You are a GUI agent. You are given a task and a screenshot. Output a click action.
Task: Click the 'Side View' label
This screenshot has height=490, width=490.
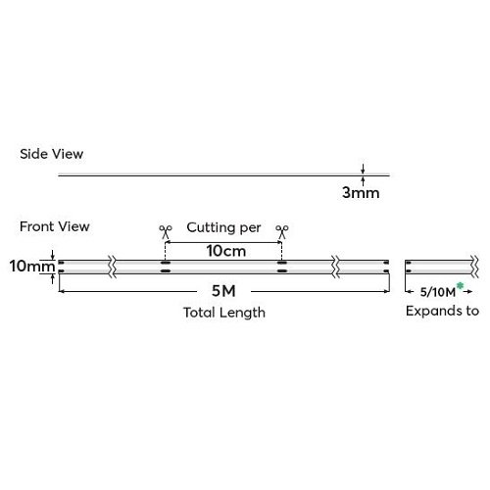(x=51, y=154)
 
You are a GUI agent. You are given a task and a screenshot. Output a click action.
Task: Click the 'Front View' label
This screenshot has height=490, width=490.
(x=55, y=226)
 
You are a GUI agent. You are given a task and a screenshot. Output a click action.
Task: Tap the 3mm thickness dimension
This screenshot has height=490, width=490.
(x=361, y=192)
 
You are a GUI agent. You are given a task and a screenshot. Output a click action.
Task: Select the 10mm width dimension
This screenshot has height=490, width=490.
(x=32, y=266)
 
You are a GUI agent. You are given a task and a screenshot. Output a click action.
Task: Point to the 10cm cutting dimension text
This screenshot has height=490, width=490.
(x=226, y=251)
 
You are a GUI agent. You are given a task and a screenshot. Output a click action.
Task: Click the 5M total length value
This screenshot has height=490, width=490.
(x=223, y=291)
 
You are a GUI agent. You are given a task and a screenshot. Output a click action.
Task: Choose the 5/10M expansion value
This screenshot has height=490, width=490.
(x=438, y=292)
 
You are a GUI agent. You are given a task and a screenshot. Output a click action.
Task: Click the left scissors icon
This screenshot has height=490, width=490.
(x=166, y=231)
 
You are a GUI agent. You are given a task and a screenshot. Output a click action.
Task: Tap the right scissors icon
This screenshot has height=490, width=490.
(x=282, y=231)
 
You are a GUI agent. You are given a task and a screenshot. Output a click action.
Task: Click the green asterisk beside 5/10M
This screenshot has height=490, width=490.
(x=460, y=286)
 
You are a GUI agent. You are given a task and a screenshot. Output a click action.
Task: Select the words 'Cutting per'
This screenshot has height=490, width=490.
(x=223, y=227)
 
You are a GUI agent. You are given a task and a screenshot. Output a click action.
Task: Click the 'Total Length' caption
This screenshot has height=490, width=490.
(x=224, y=313)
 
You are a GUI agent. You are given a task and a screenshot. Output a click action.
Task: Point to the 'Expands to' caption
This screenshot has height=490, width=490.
(x=442, y=311)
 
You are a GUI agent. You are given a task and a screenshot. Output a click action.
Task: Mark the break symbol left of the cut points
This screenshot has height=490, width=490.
(x=113, y=267)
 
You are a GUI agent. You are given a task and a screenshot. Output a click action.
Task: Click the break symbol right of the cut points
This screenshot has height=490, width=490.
(x=336, y=267)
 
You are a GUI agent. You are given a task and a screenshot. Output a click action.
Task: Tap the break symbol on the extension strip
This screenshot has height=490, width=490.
(x=475, y=267)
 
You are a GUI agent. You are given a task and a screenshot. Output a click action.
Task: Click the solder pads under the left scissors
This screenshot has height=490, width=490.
(x=166, y=267)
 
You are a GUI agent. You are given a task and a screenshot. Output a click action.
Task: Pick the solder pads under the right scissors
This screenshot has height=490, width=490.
(x=282, y=267)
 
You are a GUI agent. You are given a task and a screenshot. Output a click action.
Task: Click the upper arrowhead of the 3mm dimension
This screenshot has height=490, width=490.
(x=363, y=171)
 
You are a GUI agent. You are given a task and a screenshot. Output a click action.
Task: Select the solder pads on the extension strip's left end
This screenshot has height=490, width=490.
(x=409, y=267)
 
